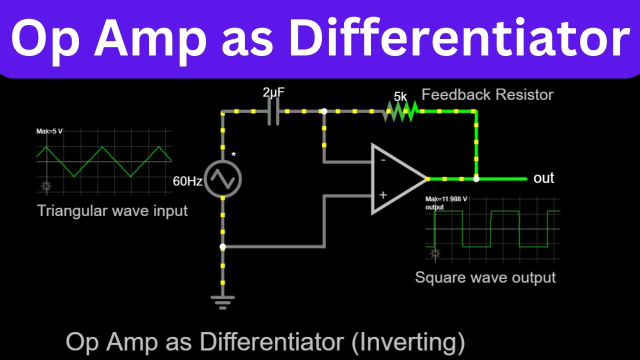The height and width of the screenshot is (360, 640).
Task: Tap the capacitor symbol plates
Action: (x=273, y=111)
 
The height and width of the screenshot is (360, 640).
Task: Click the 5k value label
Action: (x=400, y=96)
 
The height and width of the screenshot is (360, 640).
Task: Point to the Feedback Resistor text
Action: (x=487, y=94)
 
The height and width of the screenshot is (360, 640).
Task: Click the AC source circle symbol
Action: (x=222, y=178)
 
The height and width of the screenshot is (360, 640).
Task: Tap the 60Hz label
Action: (x=187, y=181)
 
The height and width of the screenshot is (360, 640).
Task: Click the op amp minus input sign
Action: (x=383, y=161)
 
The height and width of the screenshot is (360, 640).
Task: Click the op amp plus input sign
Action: (x=383, y=195)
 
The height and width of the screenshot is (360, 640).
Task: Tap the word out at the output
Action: (x=544, y=178)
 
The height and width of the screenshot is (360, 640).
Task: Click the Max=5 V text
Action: (x=49, y=131)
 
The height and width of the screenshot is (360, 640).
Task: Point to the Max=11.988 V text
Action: (x=446, y=199)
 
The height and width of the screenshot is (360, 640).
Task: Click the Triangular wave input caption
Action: (x=112, y=210)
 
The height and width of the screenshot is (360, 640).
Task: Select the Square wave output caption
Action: (x=485, y=277)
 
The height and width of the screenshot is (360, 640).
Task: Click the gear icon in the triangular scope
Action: (x=46, y=187)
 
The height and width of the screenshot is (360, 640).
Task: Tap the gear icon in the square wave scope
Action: (x=435, y=253)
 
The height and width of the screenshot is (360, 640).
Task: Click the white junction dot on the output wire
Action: (x=476, y=178)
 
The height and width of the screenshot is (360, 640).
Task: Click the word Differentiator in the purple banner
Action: (x=459, y=38)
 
